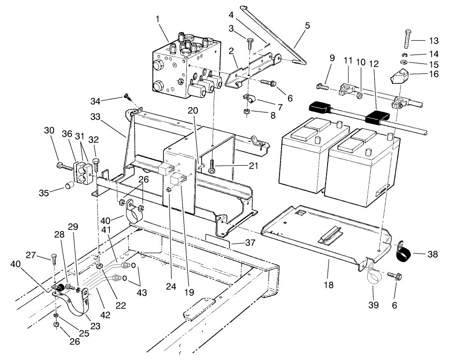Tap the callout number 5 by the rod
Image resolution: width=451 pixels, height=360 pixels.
click(307, 25)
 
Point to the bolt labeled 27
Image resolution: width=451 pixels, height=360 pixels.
click(54, 258)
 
